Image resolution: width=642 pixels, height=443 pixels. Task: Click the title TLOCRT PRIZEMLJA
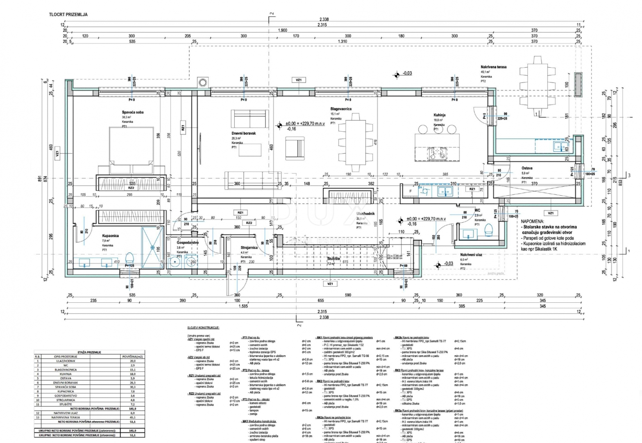[68, 14]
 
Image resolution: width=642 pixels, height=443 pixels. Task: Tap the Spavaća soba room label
[132, 112]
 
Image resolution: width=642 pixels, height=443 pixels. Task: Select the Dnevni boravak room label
[243, 134]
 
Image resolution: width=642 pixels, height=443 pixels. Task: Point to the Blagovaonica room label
[341, 109]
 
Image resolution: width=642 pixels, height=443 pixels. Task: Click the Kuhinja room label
[439, 115]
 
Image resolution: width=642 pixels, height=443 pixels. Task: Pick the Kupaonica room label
[110, 236]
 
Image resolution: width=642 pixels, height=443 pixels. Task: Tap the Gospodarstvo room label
[187, 242]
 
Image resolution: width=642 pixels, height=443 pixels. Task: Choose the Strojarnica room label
[249, 247]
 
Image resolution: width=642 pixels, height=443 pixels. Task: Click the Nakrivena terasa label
[493, 67]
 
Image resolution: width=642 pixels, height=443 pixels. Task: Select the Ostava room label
[527, 168]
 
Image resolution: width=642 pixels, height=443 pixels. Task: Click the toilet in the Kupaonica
[129, 258]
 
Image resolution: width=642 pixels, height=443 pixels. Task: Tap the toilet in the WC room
[489, 230]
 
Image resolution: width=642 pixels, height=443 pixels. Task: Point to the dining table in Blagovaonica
[356, 142]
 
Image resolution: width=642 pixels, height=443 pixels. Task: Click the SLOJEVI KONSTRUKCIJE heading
[203, 328]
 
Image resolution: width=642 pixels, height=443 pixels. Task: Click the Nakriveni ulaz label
[471, 255]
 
